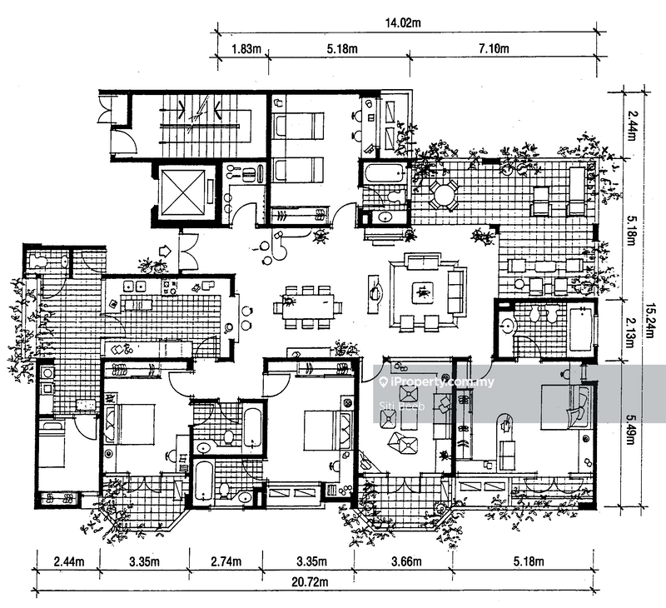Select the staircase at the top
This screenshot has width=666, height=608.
[200, 126]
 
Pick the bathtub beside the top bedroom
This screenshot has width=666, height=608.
[383, 174]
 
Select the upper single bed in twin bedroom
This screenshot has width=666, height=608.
[299, 126]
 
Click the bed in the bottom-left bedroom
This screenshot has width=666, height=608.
[131, 424]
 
